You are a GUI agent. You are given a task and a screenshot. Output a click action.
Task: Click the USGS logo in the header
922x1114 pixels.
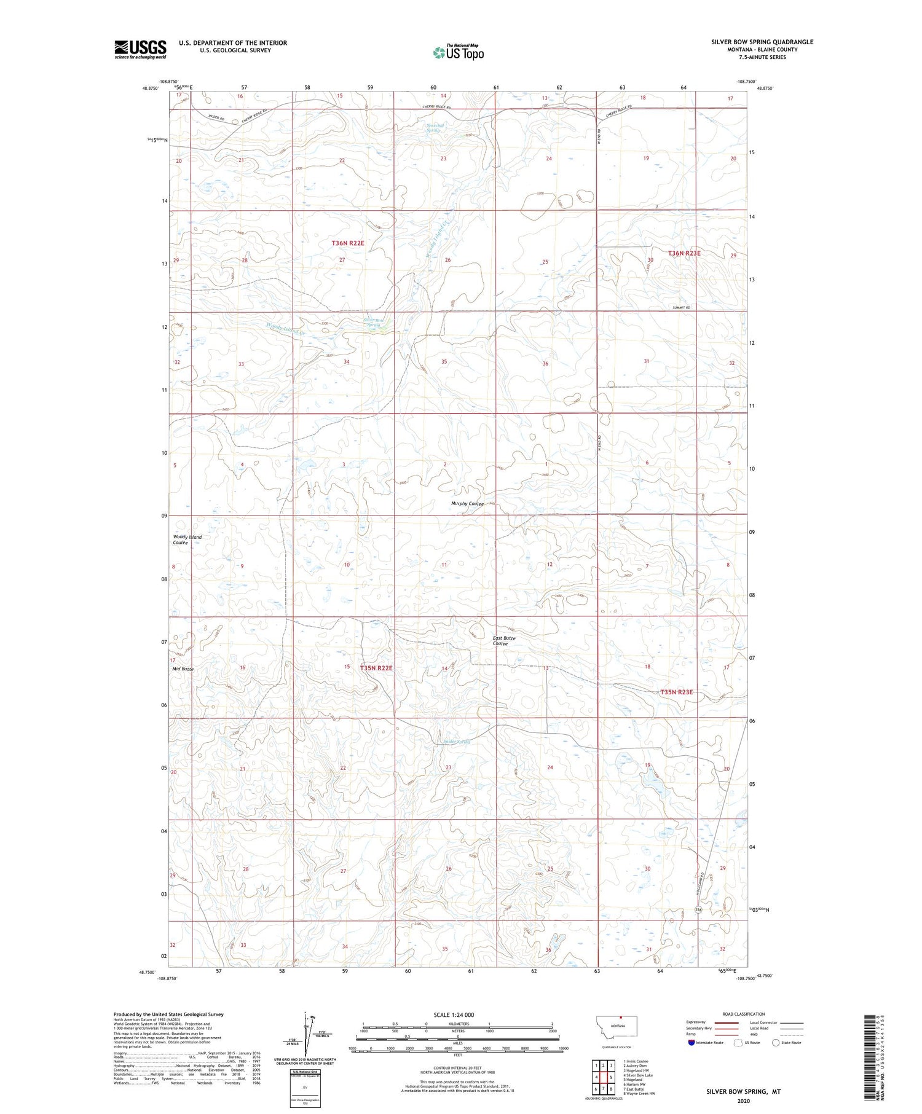tap(140, 49)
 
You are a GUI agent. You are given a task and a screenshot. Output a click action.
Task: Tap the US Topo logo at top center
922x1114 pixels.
tap(459, 53)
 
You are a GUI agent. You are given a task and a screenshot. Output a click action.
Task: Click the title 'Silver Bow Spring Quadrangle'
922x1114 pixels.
tap(762, 42)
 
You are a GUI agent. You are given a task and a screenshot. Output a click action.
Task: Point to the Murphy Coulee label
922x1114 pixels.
tap(467, 504)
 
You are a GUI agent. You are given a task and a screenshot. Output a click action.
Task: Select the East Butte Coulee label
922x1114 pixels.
tap(503, 641)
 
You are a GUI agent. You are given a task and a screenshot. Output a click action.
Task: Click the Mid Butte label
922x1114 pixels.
tap(183, 669)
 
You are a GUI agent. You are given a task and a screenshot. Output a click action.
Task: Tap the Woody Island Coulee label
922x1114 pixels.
tap(187, 540)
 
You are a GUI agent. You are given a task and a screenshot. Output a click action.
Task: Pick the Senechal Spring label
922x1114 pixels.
tap(435, 127)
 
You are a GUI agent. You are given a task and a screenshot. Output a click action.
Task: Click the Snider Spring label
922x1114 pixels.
tap(456, 742)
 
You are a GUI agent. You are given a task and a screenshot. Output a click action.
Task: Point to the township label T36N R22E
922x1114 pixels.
tap(348, 243)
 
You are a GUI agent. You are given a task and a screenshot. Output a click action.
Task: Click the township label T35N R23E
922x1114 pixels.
tap(676, 692)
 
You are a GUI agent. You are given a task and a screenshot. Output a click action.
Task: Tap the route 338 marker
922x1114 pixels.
tap(698, 909)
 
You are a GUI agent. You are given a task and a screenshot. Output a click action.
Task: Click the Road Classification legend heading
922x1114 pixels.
tap(744, 1014)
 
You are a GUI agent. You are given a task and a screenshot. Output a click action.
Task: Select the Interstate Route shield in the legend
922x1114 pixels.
tap(691, 1043)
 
